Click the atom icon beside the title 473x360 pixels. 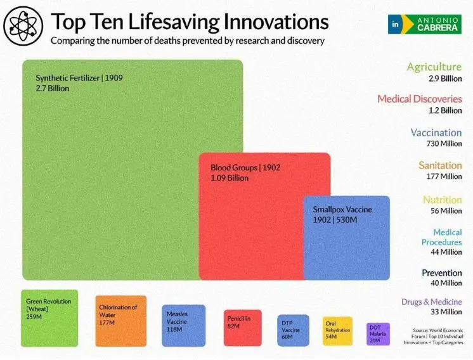[x=23, y=25]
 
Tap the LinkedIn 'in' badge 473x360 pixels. [x=395, y=24]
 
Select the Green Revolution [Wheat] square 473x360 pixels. [x=49, y=318]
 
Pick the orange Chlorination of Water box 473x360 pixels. [x=121, y=321]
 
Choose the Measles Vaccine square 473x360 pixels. [x=184, y=326]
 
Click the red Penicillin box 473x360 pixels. [x=243, y=328]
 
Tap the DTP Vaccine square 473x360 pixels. [x=293, y=330]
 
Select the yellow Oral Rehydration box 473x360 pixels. [x=337, y=331]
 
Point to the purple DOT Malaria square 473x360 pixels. [x=379, y=334]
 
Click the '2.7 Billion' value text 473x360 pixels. [x=53, y=88]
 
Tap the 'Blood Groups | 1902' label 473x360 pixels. [x=245, y=167]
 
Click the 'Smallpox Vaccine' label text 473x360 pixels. [x=342, y=210]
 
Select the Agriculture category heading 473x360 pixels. [x=434, y=67]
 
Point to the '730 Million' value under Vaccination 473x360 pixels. [x=444, y=143]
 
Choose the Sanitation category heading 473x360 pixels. [x=440, y=165]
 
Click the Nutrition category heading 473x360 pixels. [x=442, y=200]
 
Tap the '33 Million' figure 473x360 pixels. [x=446, y=312]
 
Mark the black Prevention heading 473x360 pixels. [x=442, y=273]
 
